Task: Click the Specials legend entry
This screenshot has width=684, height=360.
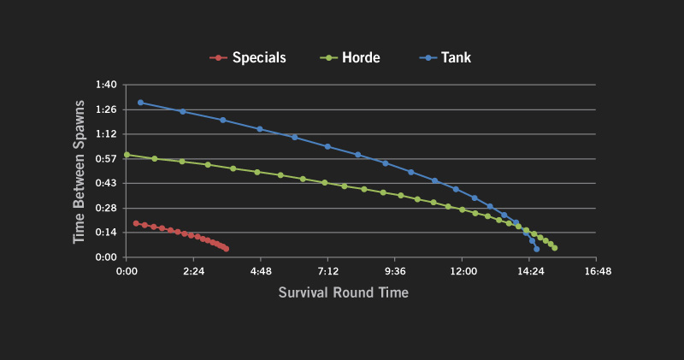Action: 248,58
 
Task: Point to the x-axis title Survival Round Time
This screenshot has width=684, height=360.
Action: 343,292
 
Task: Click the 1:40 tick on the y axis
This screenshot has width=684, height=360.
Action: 105,85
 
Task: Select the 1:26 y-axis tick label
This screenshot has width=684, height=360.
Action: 105,109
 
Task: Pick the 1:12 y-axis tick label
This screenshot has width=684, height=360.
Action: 105,134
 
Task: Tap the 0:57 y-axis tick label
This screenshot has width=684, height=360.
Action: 105,159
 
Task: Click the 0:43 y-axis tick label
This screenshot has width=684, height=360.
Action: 105,183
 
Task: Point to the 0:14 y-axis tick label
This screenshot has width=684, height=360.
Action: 105,233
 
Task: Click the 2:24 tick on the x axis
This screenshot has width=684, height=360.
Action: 193,270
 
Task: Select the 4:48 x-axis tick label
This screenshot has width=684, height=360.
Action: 261,270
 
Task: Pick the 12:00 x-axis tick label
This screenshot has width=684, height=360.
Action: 463,270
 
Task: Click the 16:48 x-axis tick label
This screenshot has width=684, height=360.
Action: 598,270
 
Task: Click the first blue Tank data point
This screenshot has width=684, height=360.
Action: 140,103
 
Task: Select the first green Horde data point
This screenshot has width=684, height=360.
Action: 127,155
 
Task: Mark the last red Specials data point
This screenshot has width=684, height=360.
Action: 226,249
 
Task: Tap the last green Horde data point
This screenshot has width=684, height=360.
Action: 555,248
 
